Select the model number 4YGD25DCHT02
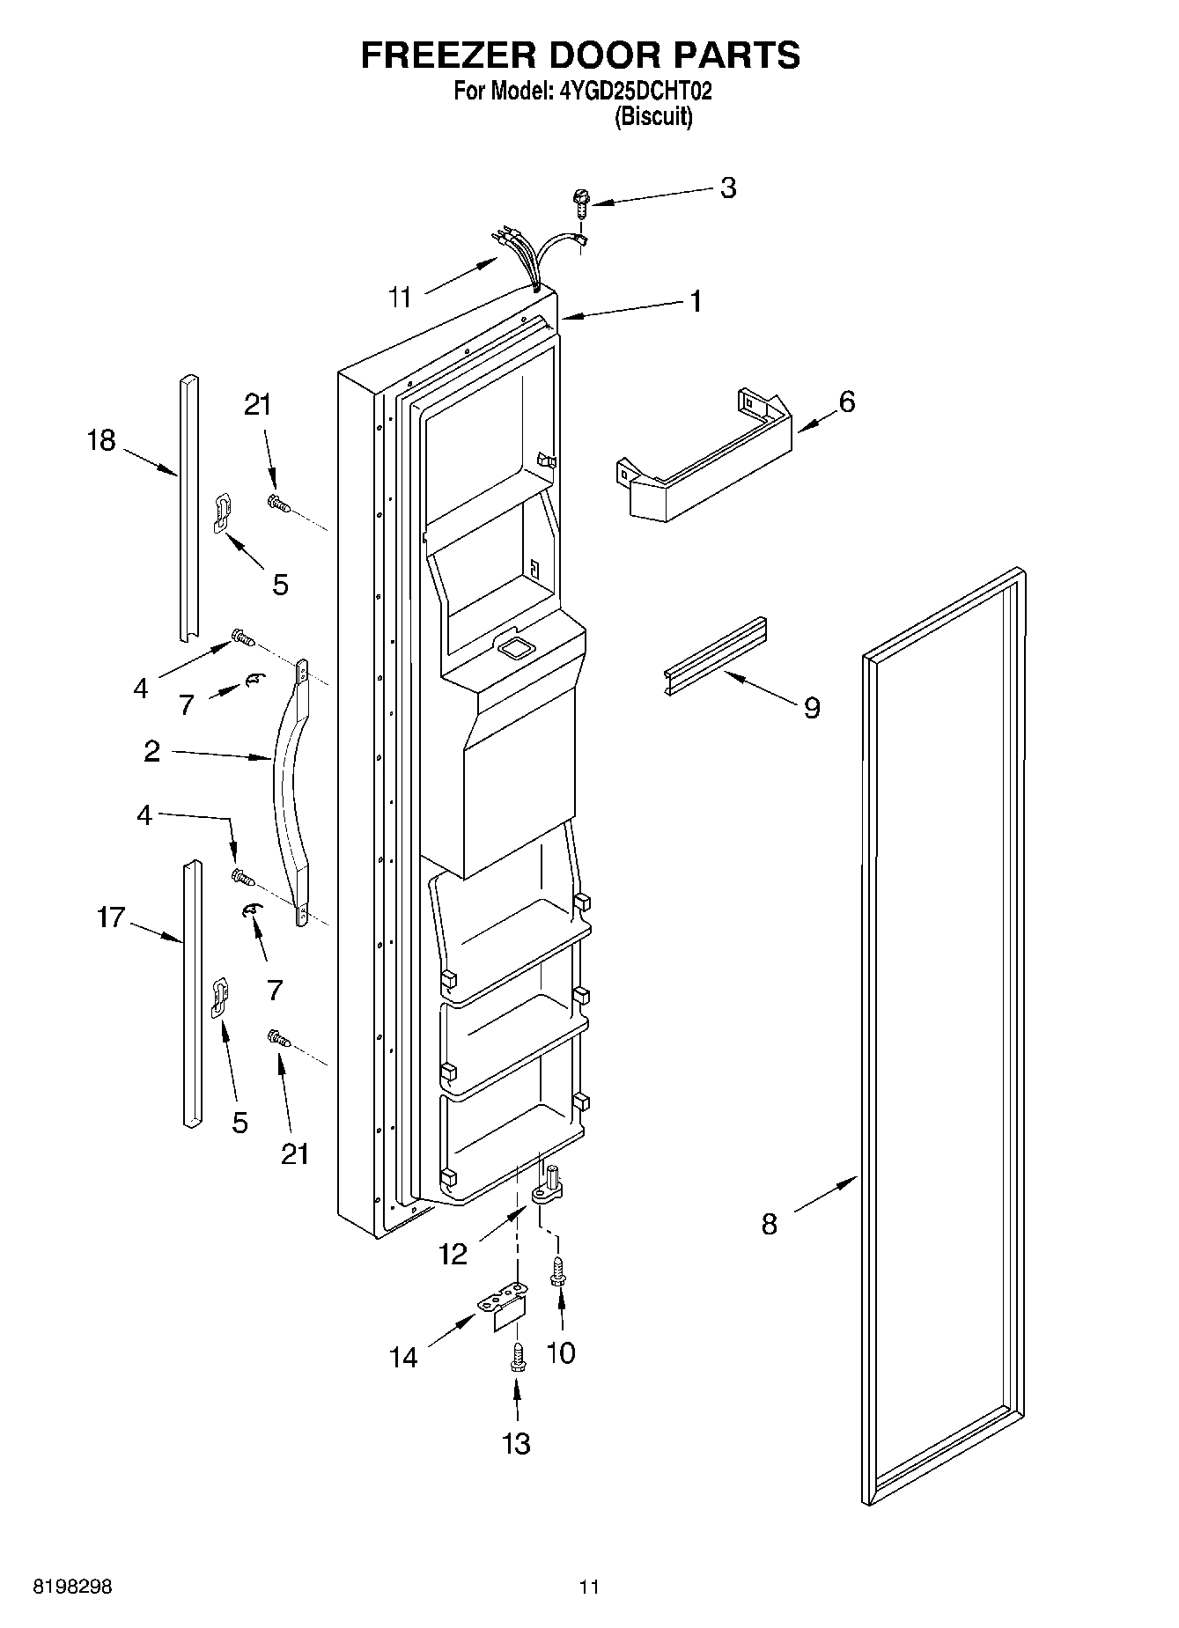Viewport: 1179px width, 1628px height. click(635, 91)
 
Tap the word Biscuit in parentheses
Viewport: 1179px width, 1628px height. click(652, 116)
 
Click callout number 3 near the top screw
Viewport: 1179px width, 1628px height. click(727, 188)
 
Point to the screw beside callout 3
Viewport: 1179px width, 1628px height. click(581, 203)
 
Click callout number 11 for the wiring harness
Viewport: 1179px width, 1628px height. click(401, 298)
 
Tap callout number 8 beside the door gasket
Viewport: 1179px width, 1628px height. click(769, 1224)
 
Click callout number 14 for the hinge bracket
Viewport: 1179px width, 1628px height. click(403, 1358)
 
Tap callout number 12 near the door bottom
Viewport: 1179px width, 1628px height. click(453, 1254)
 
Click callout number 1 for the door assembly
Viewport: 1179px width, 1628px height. click(696, 301)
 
